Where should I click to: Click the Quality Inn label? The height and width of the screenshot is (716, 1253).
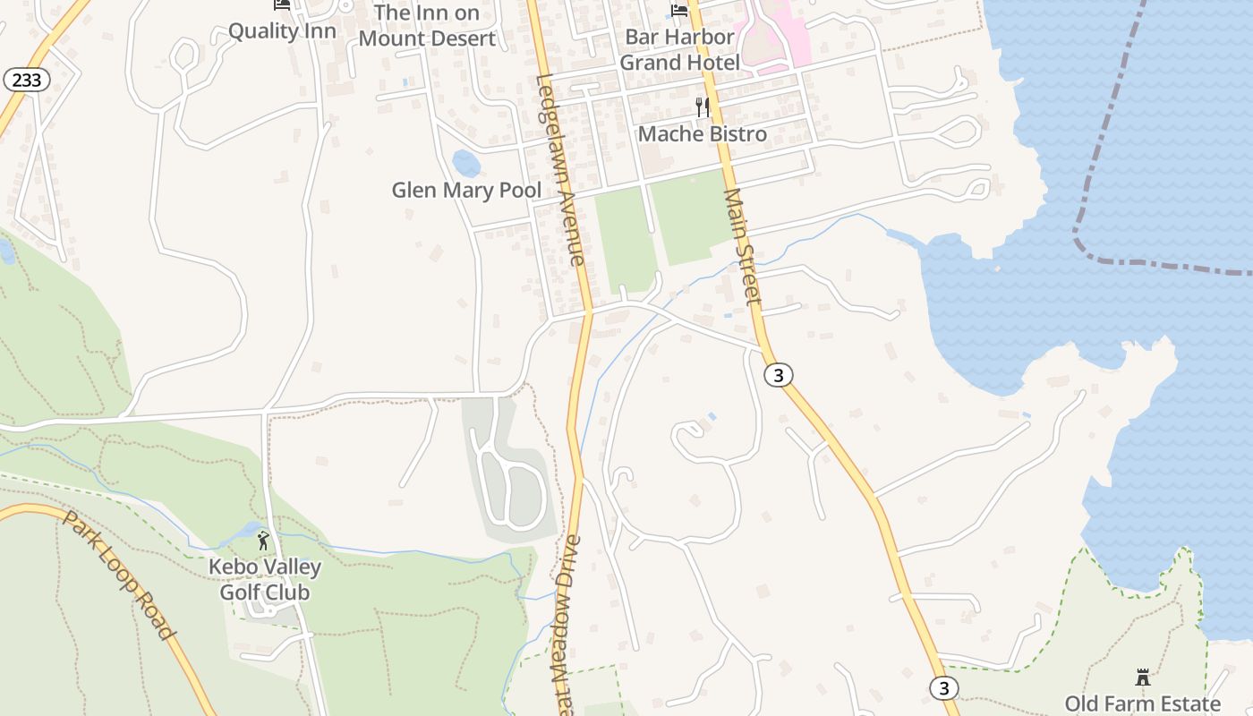pyautogui.click(x=282, y=31)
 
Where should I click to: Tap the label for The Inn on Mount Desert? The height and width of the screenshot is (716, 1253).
pyautogui.click(x=426, y=26)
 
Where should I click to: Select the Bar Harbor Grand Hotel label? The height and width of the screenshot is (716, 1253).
pyautogui.click(x=679, y=49)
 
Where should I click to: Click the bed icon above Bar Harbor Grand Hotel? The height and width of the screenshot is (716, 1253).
pyautogui.click(x=679, y=10)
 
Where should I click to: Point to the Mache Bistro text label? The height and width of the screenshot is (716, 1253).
pyautogui.click(x=703, y=134)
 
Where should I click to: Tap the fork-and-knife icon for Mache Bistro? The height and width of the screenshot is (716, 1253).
pyautogui.click(x=703, y=107)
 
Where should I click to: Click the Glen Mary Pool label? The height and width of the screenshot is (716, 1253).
pyautogui.click(x=466, y=191)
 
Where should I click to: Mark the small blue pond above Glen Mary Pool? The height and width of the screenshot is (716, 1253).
pyautogui.click(x=465, y=164)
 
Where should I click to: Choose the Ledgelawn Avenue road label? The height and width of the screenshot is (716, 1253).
pyautogui.click(x=560, y=169)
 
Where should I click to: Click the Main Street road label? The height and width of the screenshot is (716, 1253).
pyautogui.click(x=742, y=245)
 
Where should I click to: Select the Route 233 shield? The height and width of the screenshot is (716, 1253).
pyautogui.click(x=27, y=81)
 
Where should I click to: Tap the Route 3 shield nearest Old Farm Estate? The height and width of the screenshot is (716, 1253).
pyautogui.click(x=943, y=687)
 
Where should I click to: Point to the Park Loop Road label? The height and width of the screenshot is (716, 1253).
pyautogui.click(x=118, y=574)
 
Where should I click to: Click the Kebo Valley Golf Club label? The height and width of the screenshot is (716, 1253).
pyautogui.click(x=265, y=579)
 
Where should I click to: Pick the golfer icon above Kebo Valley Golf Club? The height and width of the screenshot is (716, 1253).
pyautogui.click(x=263, y=541)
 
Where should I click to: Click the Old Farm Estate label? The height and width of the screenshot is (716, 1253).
pyautogui.click(x=1142, y=703)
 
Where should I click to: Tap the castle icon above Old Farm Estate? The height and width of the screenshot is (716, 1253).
pyautogui.click(x=1142, y=677)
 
